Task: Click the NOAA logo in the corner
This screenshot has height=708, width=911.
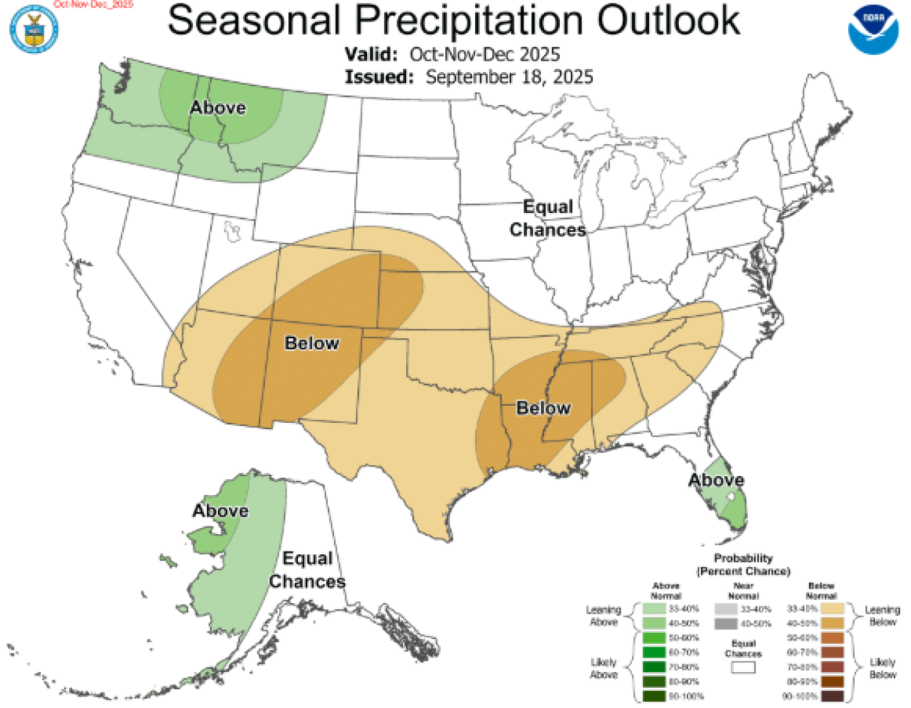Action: (x=873, y=28)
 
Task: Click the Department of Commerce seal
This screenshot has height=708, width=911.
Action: (x=34, y=28)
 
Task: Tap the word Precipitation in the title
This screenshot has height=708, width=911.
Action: (x=468, y=20)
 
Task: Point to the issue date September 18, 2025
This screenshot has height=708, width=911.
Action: (x=509, y=77)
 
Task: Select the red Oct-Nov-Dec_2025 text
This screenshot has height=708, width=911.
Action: (x=94, y=4)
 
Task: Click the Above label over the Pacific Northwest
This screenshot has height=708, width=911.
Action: (x=218, y=107)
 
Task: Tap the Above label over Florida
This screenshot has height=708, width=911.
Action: (x=716, y=480)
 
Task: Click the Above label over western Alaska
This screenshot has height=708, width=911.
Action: (x=220, y=511)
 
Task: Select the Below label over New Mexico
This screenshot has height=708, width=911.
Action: (x=311, y=343)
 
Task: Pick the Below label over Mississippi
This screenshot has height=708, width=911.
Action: (x=543, y=408)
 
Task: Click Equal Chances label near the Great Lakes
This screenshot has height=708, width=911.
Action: (x=548, y=218)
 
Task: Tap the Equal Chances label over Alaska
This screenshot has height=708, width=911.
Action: (x=307, y=570)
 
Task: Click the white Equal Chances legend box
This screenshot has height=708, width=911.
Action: (x=743, y=667)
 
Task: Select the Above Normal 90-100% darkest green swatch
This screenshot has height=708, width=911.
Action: (x=654, y=696)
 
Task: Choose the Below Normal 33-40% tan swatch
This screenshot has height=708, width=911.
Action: (x=833, y=609)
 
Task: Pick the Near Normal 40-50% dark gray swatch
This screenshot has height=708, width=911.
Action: (x=726, y=624)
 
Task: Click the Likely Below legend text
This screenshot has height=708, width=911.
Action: (x=883, y=668)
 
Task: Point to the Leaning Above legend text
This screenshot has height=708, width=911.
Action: (x=604, y=616)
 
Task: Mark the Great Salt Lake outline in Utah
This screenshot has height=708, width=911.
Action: (x=233, y=231)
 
